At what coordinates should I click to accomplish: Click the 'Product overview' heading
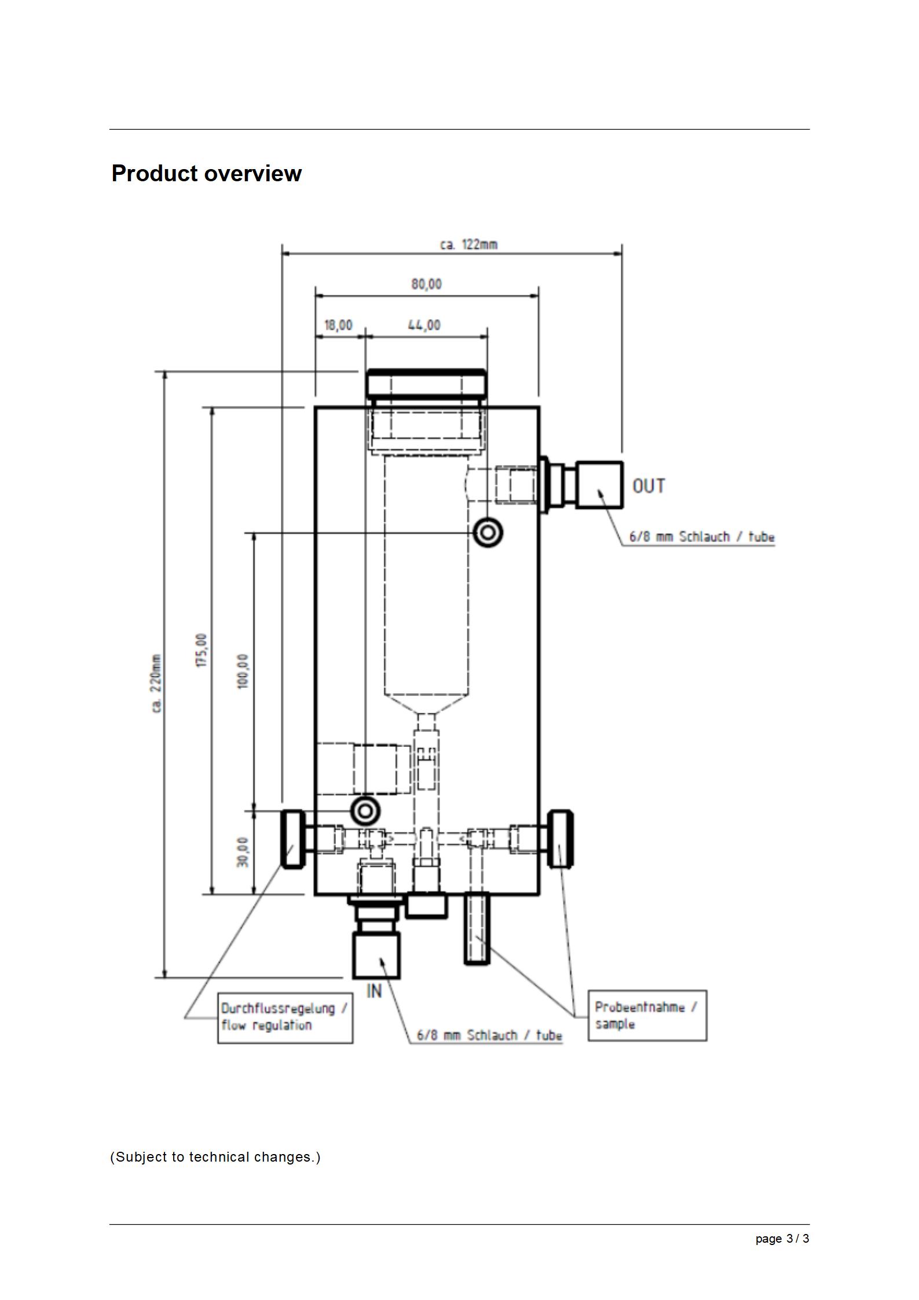pos(206,173)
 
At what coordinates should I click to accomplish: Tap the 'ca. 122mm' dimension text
pos(468,244)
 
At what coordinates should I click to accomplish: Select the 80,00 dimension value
pos(426,284)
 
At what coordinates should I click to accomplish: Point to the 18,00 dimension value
pos(338,325)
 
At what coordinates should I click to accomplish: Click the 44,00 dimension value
pos(424,325)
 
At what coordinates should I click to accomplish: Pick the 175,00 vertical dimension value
pos(202,650)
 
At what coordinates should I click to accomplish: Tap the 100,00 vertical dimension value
pos(243,671)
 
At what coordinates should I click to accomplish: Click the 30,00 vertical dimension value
pos(243,852)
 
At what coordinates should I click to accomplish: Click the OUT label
pos(649,486)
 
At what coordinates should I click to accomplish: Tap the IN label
pos(374,991)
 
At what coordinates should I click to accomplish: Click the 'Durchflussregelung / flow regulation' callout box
pos(285,1017)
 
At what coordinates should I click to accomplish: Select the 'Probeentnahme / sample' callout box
pos(647,1016)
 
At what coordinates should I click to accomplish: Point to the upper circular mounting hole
pos(488,532)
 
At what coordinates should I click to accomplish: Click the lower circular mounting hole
pos(365,811)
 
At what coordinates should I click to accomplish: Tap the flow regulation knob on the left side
pos(293,838)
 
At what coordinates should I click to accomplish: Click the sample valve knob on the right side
pos(561,838)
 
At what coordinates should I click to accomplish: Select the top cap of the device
pos(426,383)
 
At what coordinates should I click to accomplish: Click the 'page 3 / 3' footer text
pos(782,1239)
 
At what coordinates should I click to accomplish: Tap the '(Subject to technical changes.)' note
pos(215,1157)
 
